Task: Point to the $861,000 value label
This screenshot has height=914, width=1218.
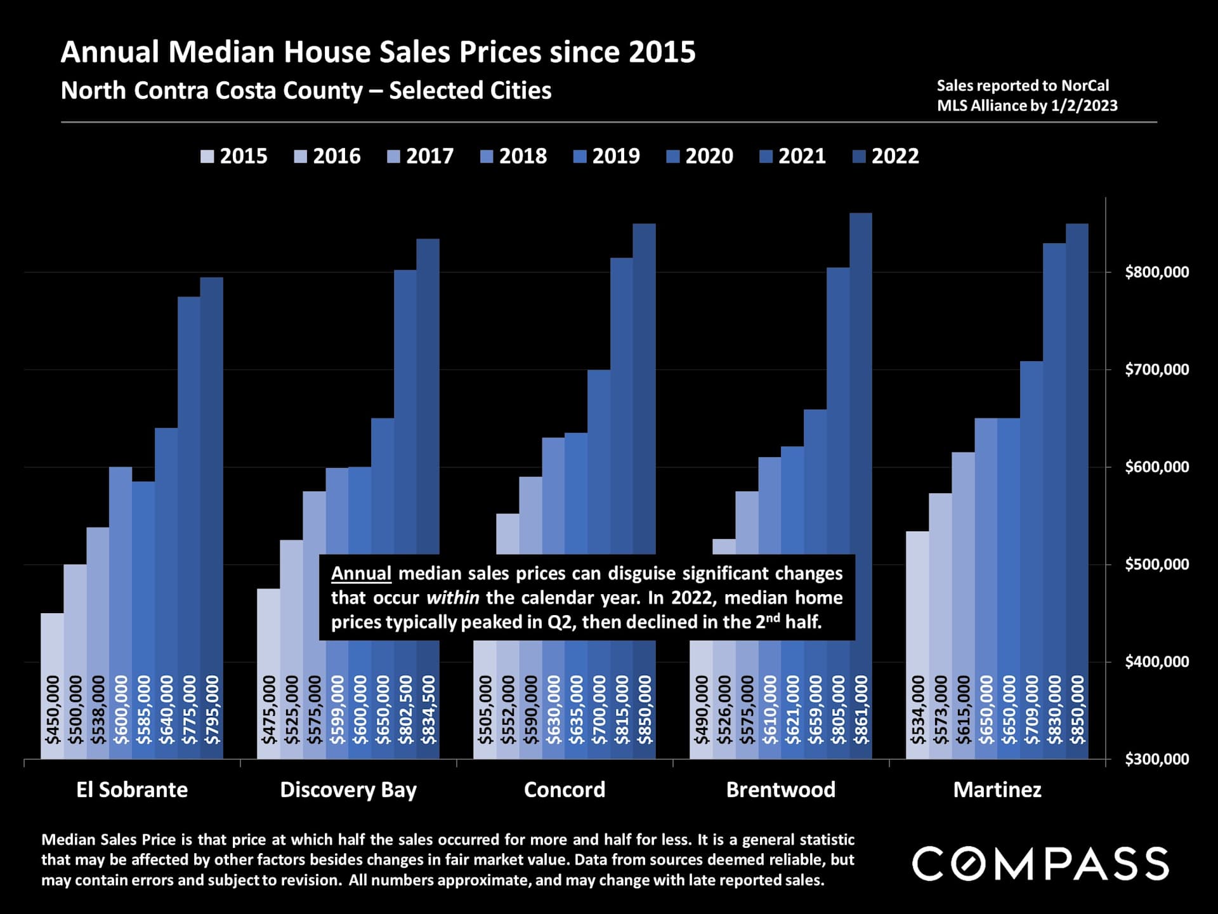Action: [861, 710]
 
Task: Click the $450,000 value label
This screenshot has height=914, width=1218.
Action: [52, 710]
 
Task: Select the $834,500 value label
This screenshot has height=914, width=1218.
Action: [428, 710]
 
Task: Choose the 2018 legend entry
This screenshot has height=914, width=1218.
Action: [514, 156]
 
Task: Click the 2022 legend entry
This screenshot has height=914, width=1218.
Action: [886, 156]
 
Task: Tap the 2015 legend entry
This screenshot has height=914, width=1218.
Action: [234, 156]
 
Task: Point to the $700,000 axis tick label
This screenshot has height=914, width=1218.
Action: [1156, 369]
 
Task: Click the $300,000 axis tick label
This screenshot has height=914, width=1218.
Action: [1156, 759]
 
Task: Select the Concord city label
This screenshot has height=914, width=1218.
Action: [565, 790]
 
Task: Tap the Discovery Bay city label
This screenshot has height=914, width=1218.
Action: [348, 790]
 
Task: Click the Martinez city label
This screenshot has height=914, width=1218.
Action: [997, 790]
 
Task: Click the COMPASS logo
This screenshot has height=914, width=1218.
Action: [1040, 864]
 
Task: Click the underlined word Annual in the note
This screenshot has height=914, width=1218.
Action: [361, 573]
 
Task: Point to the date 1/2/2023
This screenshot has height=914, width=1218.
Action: [1084, 105]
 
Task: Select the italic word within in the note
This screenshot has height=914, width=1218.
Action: [452, 598]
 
